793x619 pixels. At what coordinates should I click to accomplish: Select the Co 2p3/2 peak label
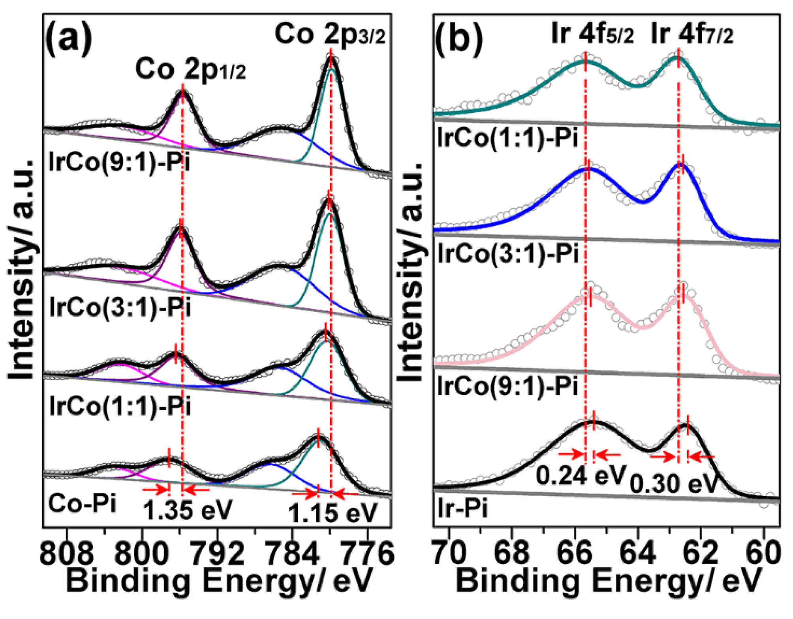pos(330,34)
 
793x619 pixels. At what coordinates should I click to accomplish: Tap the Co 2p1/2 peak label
pos(190,69)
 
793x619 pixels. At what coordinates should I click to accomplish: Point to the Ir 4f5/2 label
pos(592,34)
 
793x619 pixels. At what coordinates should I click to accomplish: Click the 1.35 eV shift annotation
pos(188,510)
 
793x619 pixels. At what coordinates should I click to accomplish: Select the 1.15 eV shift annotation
pos(333,513)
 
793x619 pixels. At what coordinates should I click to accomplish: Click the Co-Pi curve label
pos(82,504)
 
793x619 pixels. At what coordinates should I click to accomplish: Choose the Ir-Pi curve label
pos(462,508)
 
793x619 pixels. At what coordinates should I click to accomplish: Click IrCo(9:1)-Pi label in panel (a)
pos(119,162)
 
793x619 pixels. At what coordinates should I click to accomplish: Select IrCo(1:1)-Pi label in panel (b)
pos(508,138)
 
